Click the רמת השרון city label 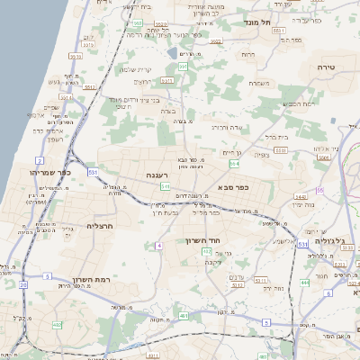tap(93, 280)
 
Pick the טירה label tap(327, 67)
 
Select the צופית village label tap(262, 155)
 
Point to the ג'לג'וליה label tap(334, 242)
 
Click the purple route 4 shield tap(158, 245)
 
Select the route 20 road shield tap(22, 284)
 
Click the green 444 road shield tap(304, 283)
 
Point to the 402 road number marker tap(58, 324)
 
